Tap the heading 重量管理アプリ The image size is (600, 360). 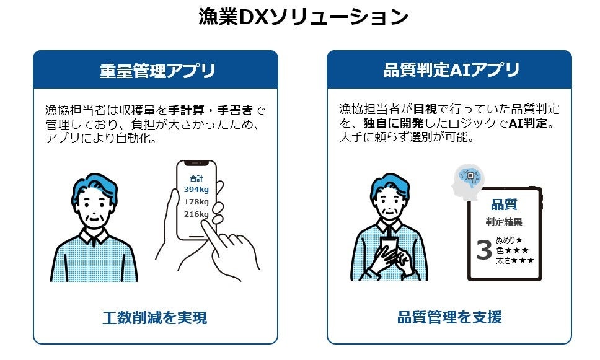pyautogui.click(x=157, y=71)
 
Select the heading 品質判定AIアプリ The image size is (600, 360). pyautogui.click(x=451, y=70)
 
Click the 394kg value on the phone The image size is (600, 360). pyautogui.click(x=196, y=189)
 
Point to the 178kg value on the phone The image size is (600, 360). pyautogui.click(x=196, y=201)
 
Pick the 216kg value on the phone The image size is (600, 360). pyautogui.click(x=196, y=214)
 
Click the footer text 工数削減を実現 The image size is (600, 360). pyautogui.click(x=155, y=318)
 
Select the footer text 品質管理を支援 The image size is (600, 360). pyautogui.click(x=449, y=318)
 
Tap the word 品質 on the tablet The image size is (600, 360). pyautogui.click(x=503, y=205)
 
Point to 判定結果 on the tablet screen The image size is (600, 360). pyautogui.click(x=503, y=222)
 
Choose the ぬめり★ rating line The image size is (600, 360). pyautogui.click(x=510, y=240)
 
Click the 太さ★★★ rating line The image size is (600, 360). pyautogui.click(x=514, y=261)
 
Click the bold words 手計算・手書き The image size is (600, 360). pyautogui.click(x=211, y=110)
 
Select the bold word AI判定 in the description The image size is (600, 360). pyautogui.click(x=529, y=123)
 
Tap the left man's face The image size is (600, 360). pyautogui.click(x=93, y=208)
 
